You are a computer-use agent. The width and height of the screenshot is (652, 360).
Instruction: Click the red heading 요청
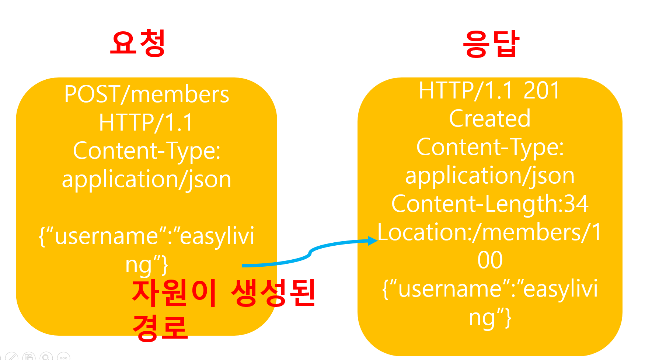[138, 43]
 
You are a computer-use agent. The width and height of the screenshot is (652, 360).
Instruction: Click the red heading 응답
[491, 44]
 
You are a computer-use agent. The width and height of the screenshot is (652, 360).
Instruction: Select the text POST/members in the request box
[147, 94]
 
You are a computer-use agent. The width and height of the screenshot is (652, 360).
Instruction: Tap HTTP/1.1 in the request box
[146, 122]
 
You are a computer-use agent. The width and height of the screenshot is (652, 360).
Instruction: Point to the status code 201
[542, 90]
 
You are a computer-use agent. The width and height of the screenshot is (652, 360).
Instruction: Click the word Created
[490, 119]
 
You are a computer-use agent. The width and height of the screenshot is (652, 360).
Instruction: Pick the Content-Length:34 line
[490, 204]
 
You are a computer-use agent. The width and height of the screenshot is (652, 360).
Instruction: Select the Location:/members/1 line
[490, 232]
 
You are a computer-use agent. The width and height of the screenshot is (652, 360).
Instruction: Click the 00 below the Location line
[490, 260]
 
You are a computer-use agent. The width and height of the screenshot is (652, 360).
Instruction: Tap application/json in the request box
[147, 180]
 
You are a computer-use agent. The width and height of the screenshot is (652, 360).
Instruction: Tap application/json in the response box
[490, 176]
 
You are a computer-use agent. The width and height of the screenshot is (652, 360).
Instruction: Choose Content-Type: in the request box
[147, 151]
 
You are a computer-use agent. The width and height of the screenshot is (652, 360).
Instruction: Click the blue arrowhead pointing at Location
[373, 241]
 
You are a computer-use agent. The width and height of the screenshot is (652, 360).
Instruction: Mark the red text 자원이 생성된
[224, 293]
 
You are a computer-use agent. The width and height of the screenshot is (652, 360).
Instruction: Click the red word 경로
[160, 328]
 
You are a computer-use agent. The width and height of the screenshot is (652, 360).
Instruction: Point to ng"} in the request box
[147, 265]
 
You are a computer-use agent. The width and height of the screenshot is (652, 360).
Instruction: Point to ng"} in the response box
[490, 318]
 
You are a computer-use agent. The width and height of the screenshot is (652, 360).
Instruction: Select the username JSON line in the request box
[147, 236]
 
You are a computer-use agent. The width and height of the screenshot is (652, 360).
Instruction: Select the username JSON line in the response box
[490, 289]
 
